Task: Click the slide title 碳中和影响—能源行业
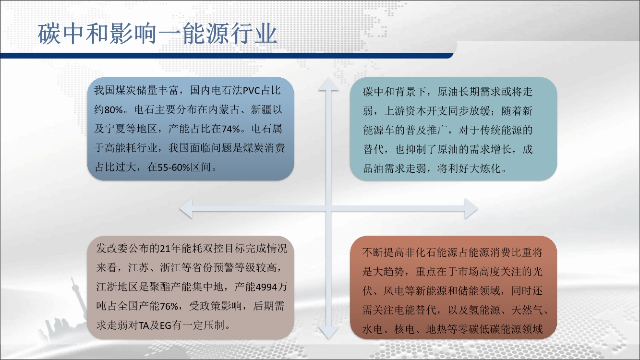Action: tap(157, 34)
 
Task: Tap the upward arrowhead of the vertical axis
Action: tap(328, 84)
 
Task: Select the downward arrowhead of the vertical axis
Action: tap(328, 333)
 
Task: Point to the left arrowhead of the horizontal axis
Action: tap(186, 209)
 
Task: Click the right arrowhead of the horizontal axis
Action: tap(471, 209)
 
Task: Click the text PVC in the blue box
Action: tap(252, 91)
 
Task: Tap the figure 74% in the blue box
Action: tap(230, 129)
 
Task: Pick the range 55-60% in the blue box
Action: tap(174, 168)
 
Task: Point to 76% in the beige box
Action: tap(169, 306)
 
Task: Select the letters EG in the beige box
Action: tap(166, 325)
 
